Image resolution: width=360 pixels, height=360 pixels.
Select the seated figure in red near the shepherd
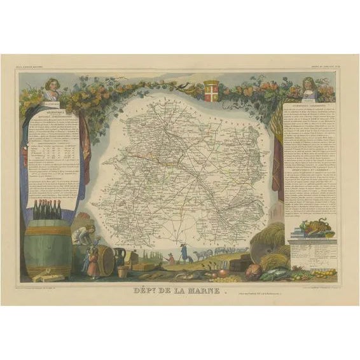[x=171, y=258]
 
